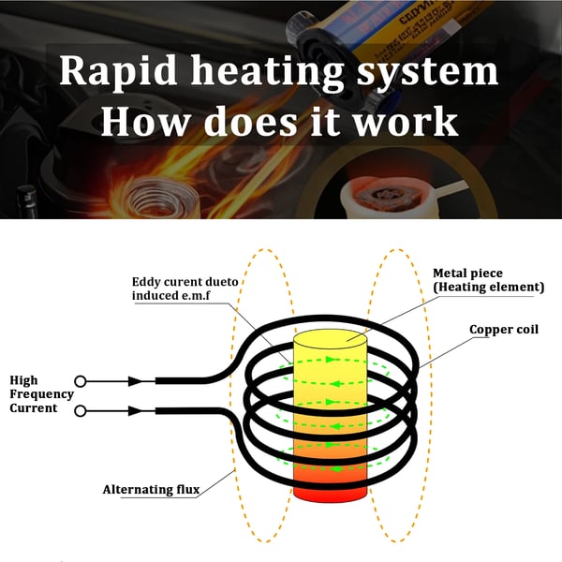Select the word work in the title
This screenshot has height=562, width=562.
406,121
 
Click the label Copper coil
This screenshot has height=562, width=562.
504,330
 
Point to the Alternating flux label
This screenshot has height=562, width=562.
151,489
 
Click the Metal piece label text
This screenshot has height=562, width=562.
467,274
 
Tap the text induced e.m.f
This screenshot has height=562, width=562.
171,296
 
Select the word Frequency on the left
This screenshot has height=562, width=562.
41,394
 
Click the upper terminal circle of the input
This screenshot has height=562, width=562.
81,381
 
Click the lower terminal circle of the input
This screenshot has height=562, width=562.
81,411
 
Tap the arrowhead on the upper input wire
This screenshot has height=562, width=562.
136,381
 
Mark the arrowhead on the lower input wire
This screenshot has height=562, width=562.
136,411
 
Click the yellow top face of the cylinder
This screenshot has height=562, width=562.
330,339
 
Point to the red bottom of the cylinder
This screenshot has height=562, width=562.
330,495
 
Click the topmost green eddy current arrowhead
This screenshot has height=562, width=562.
331,359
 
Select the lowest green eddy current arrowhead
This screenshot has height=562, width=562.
334,469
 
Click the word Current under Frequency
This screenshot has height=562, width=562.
34,408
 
